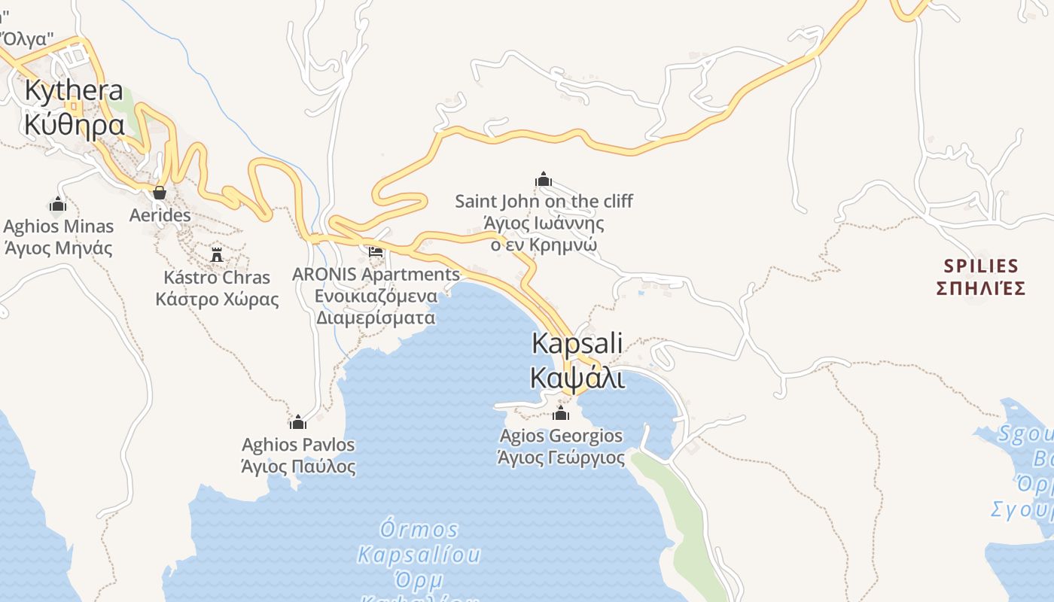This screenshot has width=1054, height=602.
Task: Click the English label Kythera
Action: pyautogui.click(x=74, y=90)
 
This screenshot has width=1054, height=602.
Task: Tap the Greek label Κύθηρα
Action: pyautogui.click(x=74, y=124)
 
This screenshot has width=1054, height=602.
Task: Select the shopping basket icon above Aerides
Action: pyautogui.click(x=160, y=193)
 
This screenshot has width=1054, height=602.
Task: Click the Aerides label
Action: pyautogui.click(x=160, y=215)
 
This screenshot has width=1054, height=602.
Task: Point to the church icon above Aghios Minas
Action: pyautogui.click(x=58, y=204)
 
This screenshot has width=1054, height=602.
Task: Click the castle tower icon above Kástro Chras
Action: pyautogui.click(x=217, y=254)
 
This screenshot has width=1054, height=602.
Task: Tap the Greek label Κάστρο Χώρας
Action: pyautogui.click(x=217, y=299)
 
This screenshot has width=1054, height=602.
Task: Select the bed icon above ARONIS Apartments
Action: pyautogui.click(x=376, y=251)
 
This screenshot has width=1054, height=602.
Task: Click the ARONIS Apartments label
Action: pyautogui.click(x=376, y=274)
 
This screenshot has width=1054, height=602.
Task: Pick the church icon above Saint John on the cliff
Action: pyautogui.click(x=544, y=179)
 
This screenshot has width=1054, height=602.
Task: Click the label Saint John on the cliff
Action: pyautogui.click(x=544, y=201)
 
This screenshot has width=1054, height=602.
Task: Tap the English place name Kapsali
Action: pyautogui.click(x=577, y=343)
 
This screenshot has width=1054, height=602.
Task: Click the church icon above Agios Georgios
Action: pyautogui.click(x=561, y=413)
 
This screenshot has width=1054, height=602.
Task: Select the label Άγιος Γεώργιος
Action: pyautogui.click(x=561, y=458)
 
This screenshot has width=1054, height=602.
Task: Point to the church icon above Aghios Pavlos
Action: pyautogui.click(x=298, y=421)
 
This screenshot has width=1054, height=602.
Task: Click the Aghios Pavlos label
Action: pyautogui.click(x=298, y=445)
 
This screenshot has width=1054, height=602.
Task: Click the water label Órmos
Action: pyautogui.click(x=419, y=528)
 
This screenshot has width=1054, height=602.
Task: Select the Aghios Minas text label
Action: pyautogui.click(x=59, y=227)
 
